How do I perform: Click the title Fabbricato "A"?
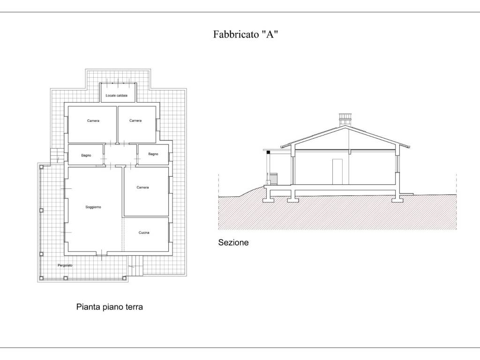click(x=246, y=34)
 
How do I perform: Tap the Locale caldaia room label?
click(x=116, y=96)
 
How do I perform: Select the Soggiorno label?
click(x=93, y=207)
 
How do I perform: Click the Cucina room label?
click(x=144, y=232)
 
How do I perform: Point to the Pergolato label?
click(x=65, y=265)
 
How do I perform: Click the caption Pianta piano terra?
click(x=110, y=307)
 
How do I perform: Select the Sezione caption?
click(x=233, y=243)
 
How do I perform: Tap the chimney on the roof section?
click(x=345, y=120)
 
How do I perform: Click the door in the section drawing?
click(x=337, y=172)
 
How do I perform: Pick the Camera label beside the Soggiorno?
click(x=142, y=187)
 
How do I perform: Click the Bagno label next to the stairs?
click(x=86, y=156)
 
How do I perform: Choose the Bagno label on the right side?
click(x=153, y=154)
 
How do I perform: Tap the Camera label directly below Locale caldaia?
click(x=135, y=120)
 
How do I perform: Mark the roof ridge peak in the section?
click(x=345, y=126)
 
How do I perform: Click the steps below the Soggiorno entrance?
click(x=135, y=265)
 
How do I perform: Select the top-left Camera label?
click(x=93, y=120)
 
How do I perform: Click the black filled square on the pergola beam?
click(x=269, y=152)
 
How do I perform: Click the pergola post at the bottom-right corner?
click(x=124, y=278)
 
